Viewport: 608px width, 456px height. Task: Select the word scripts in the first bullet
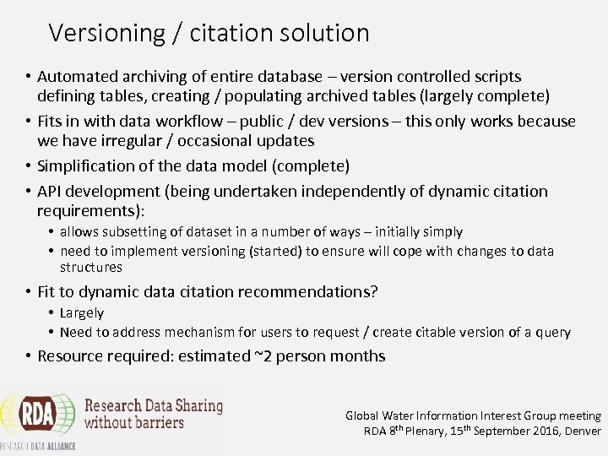[493, 77]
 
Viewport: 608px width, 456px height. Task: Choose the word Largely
[82, 313]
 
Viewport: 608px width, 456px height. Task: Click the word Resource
[70, 356]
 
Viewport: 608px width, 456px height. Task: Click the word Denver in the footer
[582, 431]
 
